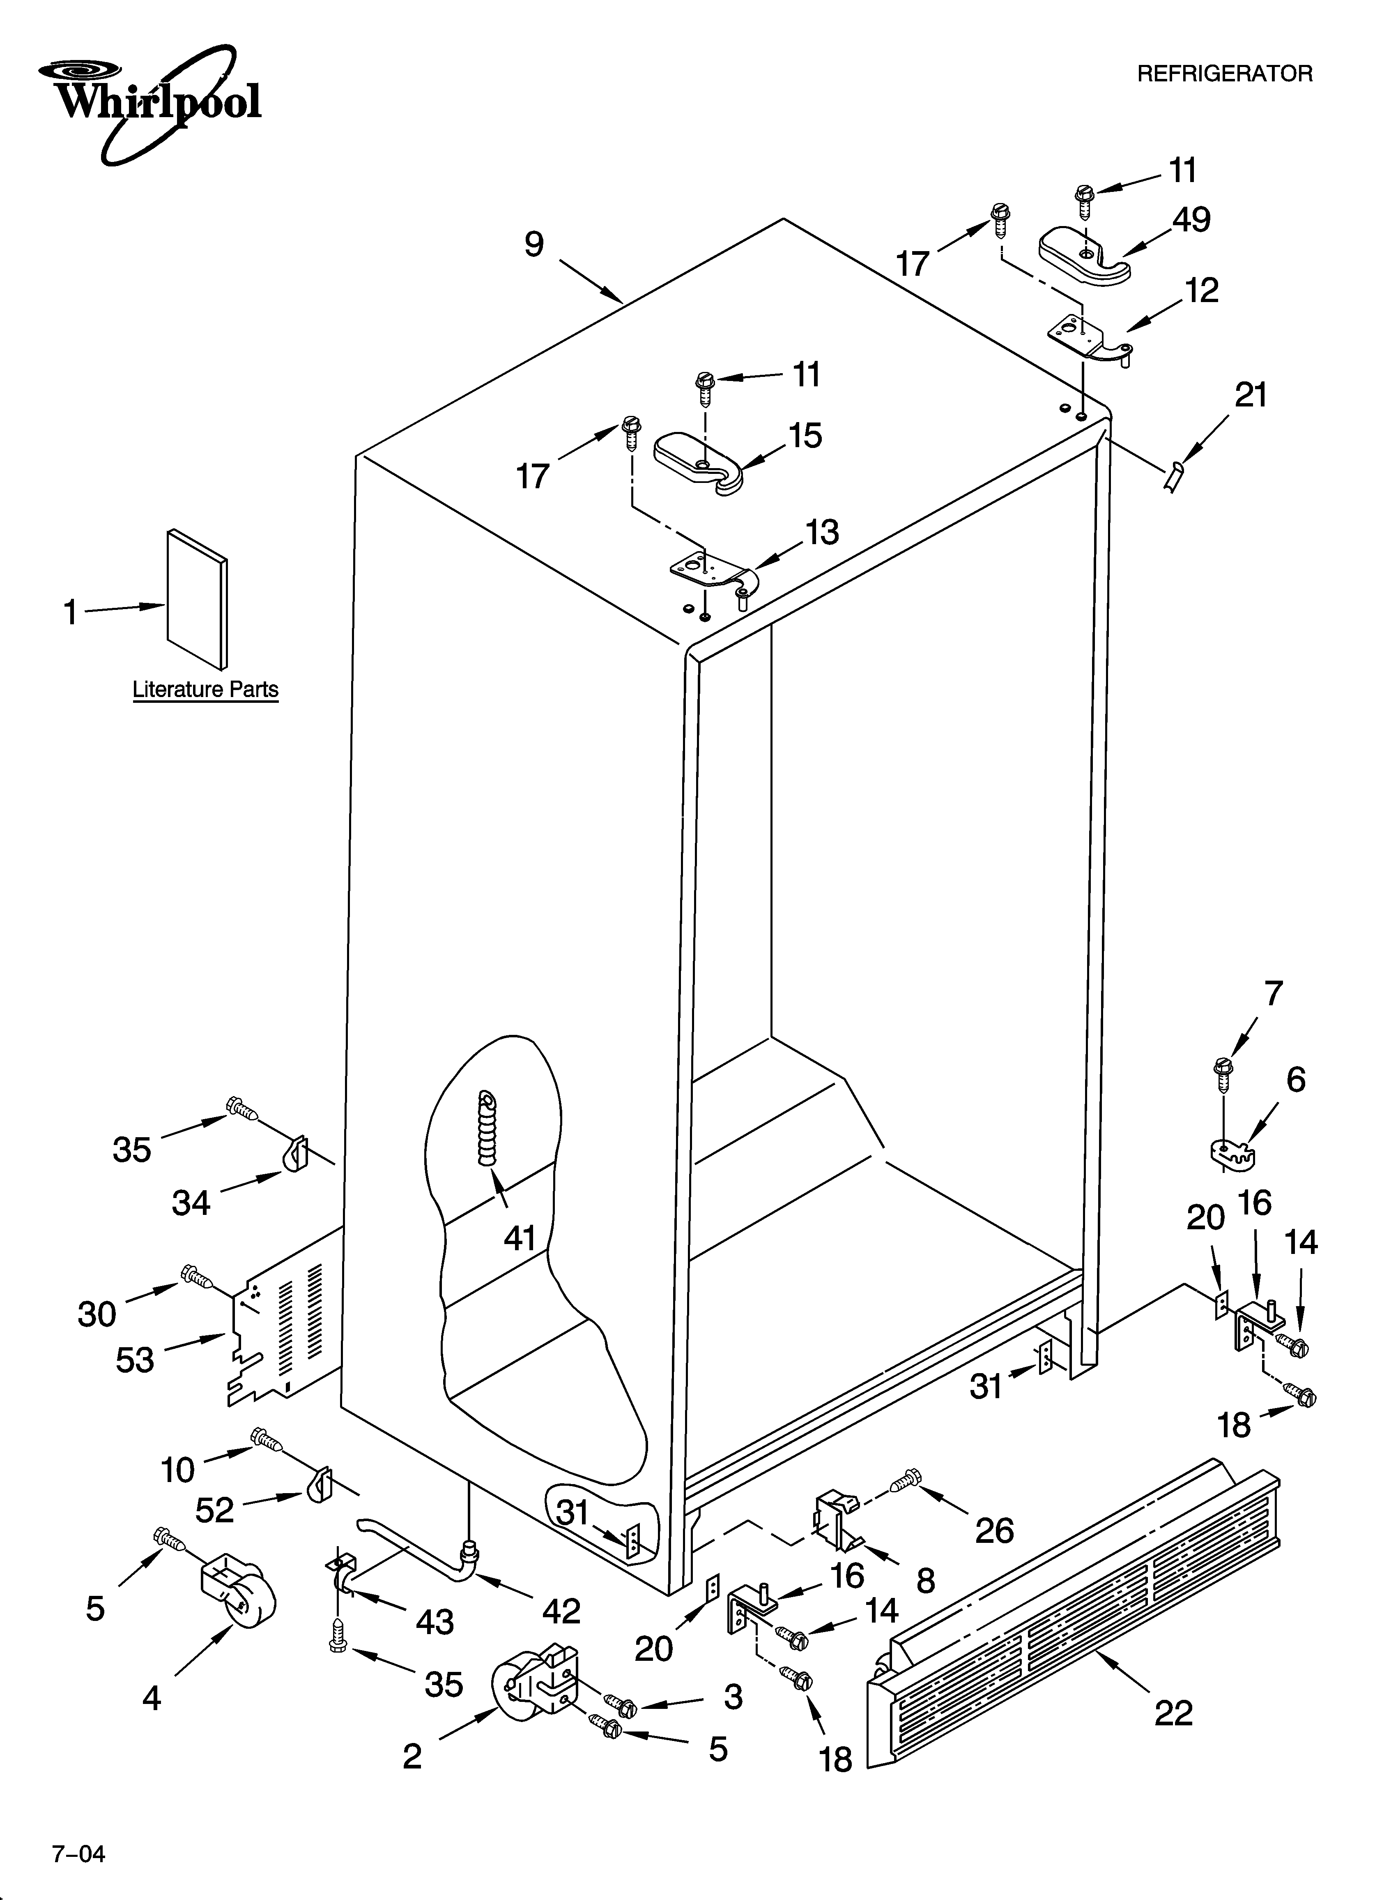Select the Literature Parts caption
click(x=205, y=690)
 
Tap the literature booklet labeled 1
click(x=197, y=599)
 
